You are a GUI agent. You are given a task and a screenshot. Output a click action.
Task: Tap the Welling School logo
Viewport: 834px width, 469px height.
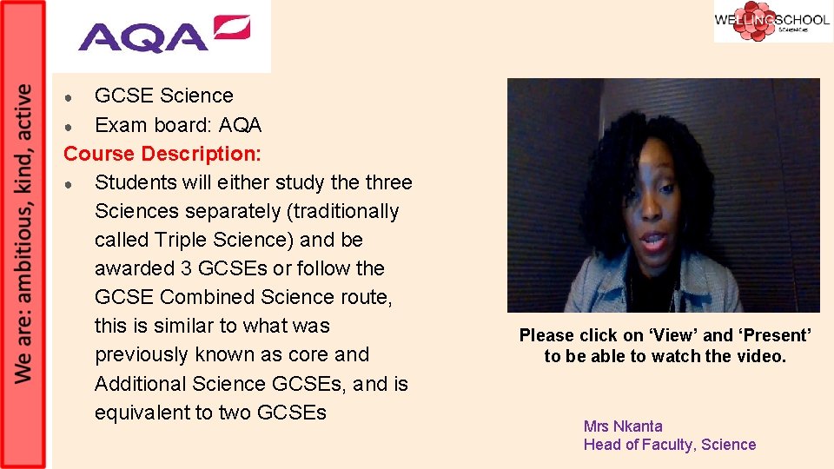point(772,22)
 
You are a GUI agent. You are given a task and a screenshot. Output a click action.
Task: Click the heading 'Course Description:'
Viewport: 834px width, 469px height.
point(162,154)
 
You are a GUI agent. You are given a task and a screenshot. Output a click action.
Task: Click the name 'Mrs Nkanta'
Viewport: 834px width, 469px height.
point(623,426)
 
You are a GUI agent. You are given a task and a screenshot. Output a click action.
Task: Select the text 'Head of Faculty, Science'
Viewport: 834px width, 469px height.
point(670,445)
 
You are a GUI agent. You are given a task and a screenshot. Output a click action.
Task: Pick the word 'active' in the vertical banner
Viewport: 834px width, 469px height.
point(24,110)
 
